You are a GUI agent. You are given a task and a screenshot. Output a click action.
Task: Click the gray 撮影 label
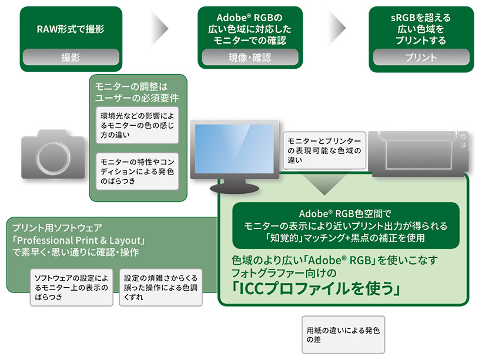click(x=71, y=58)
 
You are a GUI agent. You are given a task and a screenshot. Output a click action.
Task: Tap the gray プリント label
click(x=421, y=58)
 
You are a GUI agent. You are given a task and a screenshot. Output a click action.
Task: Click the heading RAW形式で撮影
click(x=71, y=29)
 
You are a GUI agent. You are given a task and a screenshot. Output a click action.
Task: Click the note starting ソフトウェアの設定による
click(x=71, y=287)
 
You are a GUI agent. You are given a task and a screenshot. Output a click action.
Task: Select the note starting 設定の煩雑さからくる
click(x=160, y=287)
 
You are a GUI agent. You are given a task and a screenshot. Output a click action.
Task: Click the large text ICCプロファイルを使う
click(x=316, y=289)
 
